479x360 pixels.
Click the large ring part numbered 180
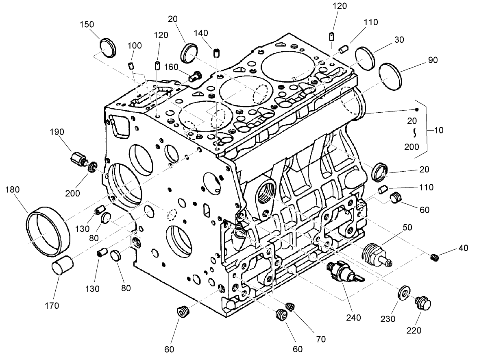(46, 231)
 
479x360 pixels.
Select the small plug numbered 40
(434, 257)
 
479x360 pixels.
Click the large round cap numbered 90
(391, 76)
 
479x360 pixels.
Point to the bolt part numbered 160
(196, 76)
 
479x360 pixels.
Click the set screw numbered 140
(217, 52)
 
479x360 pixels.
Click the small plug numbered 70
(290, 306)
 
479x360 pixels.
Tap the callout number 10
(438, 131)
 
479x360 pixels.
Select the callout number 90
(432, 60)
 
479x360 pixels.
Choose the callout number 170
(52, 305)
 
